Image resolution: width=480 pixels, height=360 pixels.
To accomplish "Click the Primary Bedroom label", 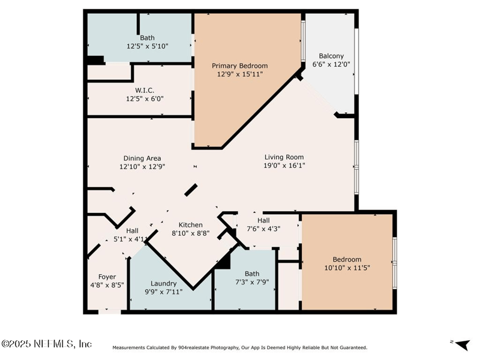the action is click(x=239, y=66).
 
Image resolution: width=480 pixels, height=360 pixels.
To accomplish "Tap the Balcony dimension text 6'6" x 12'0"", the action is click(x=331, y=64).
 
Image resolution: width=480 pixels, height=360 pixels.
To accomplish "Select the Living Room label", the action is click(x=284, y=157).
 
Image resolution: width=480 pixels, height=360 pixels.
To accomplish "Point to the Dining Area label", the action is click(x=142, y=158).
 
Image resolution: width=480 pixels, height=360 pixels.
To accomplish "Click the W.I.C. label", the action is click(x=145, y=91).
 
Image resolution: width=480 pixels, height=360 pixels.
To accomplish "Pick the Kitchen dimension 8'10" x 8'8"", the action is click(x=190, y=233).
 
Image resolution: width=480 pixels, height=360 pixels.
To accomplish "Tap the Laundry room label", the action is click(x=163, y=283).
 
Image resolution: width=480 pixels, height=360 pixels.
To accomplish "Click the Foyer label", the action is click(x=107, y=277).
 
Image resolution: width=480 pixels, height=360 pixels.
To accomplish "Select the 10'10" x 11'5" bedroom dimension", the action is click(x=347, y=268).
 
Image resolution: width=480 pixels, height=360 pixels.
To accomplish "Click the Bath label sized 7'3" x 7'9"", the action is click(x=252, y=274).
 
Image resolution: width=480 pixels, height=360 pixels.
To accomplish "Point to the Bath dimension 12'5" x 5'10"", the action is click(x=148, y=46).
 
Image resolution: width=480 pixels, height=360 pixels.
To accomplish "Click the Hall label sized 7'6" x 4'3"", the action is click(x=263, y=220).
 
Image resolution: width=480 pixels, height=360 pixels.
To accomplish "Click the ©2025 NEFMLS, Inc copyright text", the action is click(x=46, y=344).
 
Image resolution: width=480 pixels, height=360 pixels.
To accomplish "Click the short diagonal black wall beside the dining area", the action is click(x=191, y=190).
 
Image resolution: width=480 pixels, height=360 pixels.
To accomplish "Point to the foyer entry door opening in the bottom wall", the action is click(x=110, y=312).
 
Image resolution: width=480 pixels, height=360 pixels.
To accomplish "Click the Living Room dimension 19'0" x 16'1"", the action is click(x=284, y=166).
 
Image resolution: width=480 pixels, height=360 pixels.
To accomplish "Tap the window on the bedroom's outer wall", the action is click(x=395, y=263).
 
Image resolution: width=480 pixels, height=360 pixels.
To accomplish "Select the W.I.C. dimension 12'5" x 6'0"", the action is click(x=145, y=99).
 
